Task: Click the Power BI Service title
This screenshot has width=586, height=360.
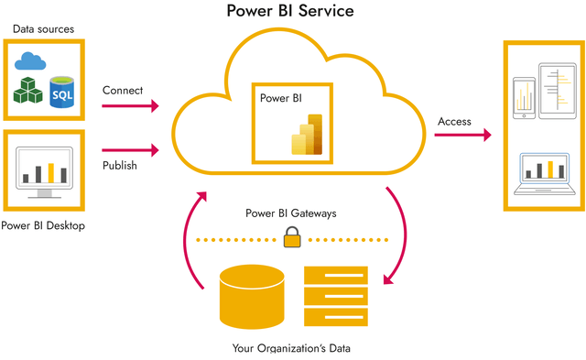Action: (x=291, y=13)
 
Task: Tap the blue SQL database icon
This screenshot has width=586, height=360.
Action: (x=62, y=92)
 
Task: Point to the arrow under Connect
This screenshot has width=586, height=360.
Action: (x=129, y=107)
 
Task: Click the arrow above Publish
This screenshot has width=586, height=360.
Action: (x=129, y=149)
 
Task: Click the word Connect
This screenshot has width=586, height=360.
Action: (x=123, y=91)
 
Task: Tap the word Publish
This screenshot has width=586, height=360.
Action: (x=120, y=166)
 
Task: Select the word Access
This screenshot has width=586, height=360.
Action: (x=455, y=121)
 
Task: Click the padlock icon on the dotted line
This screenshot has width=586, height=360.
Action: (x=292, y=237)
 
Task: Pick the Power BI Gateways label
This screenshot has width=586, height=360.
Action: (x=291, y=213)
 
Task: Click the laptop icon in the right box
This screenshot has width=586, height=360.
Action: (x=544, y=174)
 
